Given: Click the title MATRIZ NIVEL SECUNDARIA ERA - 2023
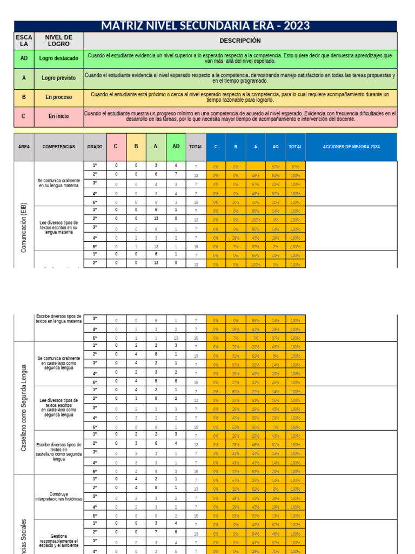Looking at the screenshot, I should (x=205, y=26).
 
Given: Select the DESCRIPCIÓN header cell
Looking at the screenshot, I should (x=240, y=41).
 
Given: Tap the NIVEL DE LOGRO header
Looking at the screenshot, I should (x=59, y=41).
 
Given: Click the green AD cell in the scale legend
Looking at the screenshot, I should (x=24, y=58).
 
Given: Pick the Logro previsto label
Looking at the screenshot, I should (x=59, y=78).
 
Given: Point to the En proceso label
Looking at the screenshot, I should (x=59, y=97).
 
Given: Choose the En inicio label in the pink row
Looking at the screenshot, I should (x=59, y=116).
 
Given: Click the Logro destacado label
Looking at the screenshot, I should (x=59, y=58).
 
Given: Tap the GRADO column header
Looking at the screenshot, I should (x=95, y=147).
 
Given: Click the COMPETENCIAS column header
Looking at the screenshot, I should (x=59, y=147).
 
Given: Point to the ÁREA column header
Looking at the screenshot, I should (x=24, y=147).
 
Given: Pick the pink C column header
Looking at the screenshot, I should (x=116, y=147).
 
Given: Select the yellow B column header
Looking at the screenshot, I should (x=136, y=147).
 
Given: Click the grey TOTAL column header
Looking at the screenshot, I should (x=196, y=147).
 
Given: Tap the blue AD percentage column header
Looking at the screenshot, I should (x=276, y=147).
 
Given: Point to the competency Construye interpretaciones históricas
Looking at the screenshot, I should (x=59, y=497).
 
